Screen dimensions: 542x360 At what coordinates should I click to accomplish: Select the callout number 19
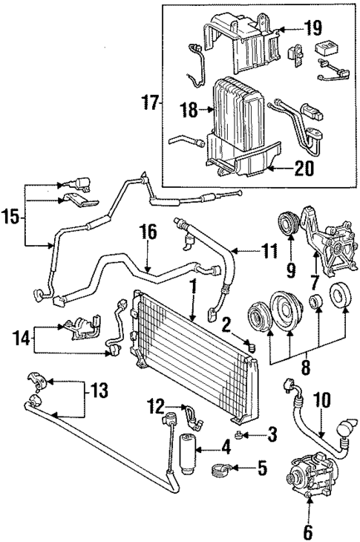(312, 29)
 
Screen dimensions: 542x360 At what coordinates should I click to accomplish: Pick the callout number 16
(148, 232)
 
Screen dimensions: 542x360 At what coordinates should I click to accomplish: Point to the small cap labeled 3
(239, 432)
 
